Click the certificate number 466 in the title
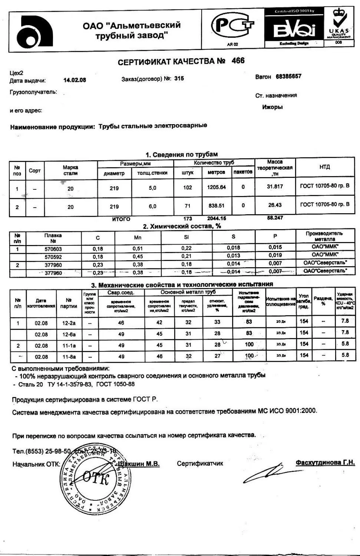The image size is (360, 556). coord(238,61)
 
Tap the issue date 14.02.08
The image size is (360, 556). coord(75,80)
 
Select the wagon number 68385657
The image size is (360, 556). coord(288,76)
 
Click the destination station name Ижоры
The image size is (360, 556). coord(272,107)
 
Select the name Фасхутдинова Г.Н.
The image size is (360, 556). coord(325,463)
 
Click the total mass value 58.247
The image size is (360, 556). coord(275,218)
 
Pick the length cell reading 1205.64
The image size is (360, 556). coord(216,187)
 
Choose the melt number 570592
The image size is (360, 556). coord(53,257)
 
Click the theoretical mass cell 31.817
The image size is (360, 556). coord(275,186)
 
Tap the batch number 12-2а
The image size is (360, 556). coord(69,323)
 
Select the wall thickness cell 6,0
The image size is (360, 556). coord(152,206)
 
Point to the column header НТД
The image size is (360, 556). coord(324,167)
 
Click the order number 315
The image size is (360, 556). coord(179,79)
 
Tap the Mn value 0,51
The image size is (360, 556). coord(138,248)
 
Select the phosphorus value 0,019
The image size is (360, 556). coord(275,255)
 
